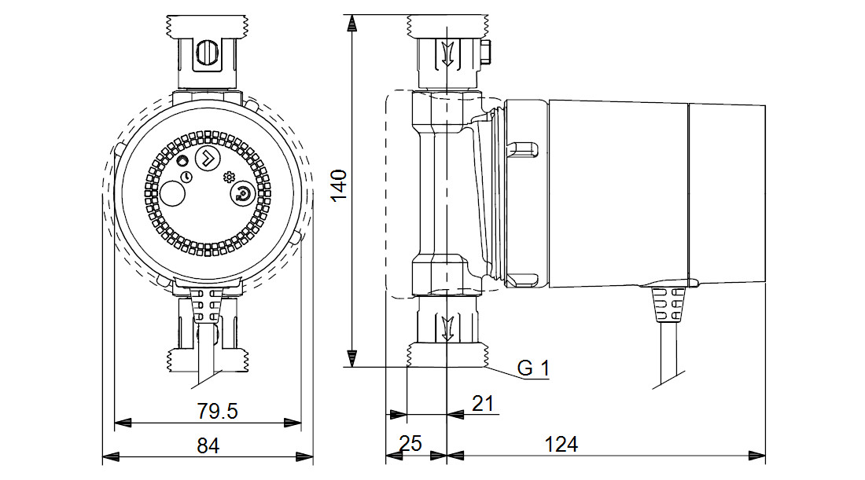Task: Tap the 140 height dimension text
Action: coord(338,185)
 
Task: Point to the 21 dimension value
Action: coord(482,404)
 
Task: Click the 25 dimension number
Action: coord(410,444)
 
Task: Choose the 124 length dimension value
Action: coord(561,444)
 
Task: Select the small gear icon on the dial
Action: coord(229,176)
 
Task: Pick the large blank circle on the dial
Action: coord(172,195)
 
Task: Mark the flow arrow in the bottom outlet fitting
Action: coord(447,326)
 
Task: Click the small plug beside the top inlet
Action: coord(485,53)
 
